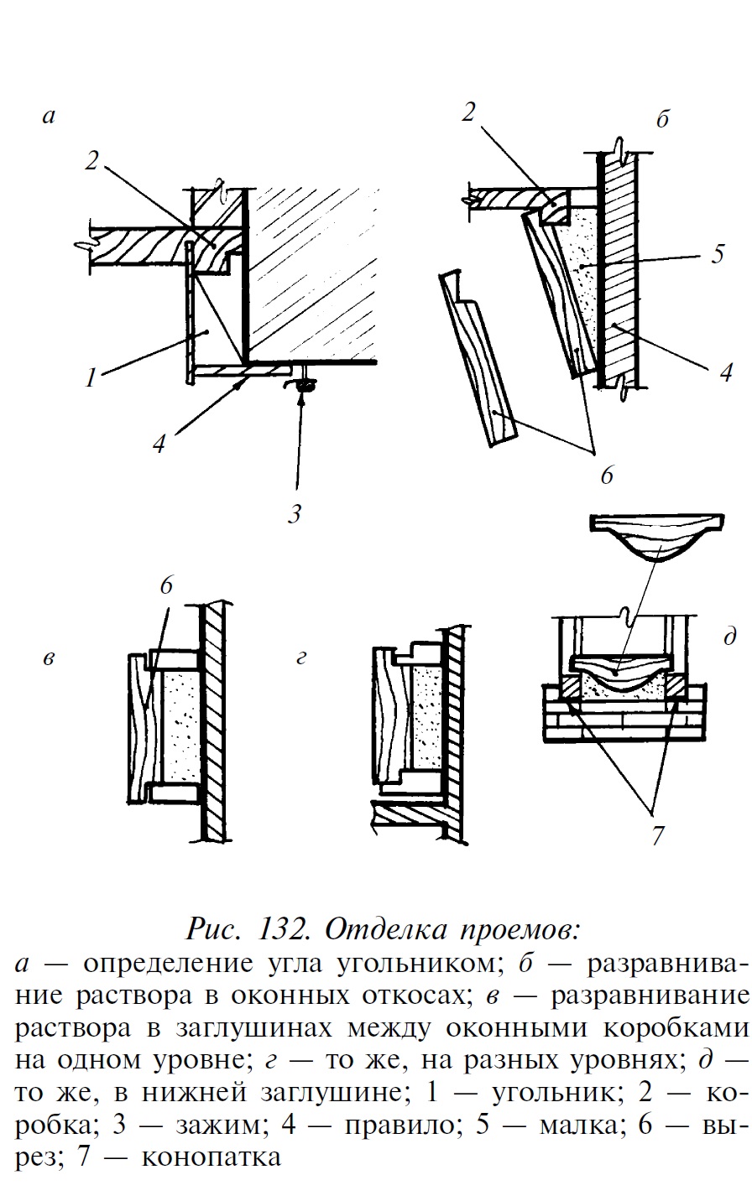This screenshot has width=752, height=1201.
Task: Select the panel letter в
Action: tap(49, 659)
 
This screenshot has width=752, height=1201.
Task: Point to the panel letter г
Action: tap(301, 659)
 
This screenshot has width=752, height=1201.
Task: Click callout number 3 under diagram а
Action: tap(294, 513)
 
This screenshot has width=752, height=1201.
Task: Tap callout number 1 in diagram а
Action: tap(90, 377)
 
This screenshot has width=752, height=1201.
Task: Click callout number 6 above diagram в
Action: tap(166, 585)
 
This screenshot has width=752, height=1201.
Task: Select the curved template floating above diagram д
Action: tap(656, 537)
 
